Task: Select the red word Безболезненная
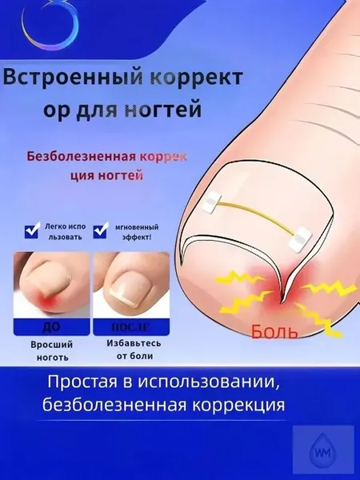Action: click(81, 157)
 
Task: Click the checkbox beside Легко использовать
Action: click(32, 230)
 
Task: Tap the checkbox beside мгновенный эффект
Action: click(101, 230)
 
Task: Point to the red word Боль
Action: click(274, 330)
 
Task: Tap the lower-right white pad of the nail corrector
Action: click(300, 238)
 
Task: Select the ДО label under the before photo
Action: click(52, 326)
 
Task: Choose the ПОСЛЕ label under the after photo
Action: click(130, 327)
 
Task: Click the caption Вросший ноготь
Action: click(52, 351)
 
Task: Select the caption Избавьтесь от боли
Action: click(134, 350)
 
